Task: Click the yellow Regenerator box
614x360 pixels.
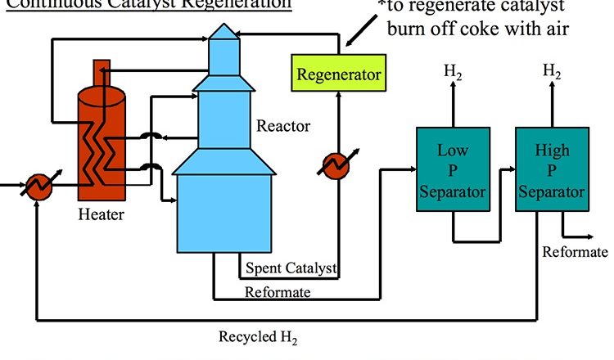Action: tap(339, 74)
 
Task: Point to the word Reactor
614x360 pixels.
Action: tap(283, 127)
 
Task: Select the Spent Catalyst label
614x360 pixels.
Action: tap(291, 268)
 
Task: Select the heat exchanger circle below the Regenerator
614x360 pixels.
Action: tap(334, 165)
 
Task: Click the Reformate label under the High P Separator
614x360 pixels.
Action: tap(575, 252)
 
